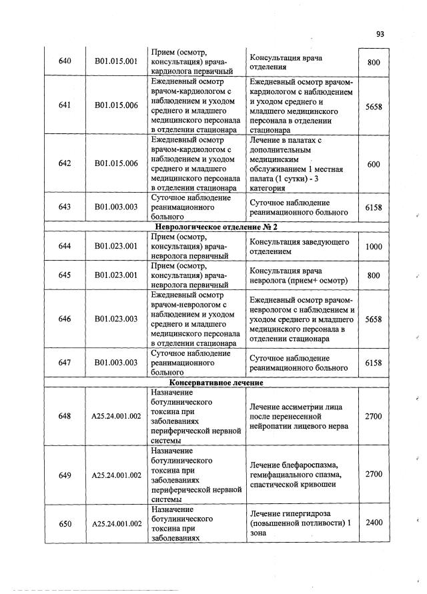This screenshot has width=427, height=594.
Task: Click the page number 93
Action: [x=381, y=34]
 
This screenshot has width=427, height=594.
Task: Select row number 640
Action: [x=65, y=61]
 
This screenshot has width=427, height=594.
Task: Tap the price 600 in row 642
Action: [x=374, y=165]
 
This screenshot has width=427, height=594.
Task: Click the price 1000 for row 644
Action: [x=374, y=247]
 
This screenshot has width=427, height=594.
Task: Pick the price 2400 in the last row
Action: [x=374, y=523]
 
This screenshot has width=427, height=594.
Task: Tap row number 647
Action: [x=65, y=363]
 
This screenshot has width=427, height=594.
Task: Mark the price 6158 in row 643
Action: [x=374, y=207]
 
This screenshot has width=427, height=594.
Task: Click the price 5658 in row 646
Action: [x=374, y=319]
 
